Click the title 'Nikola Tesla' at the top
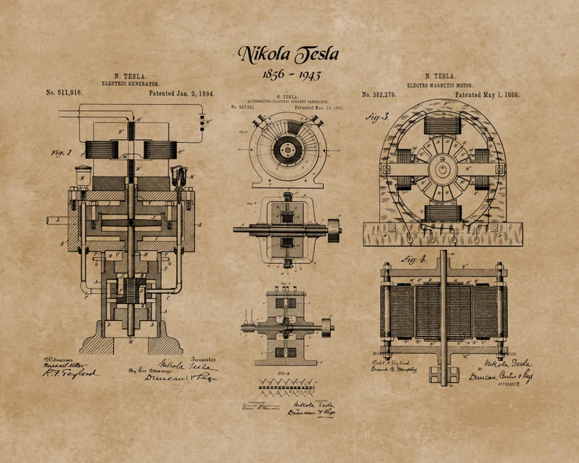(x=288, y=54)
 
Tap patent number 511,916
(x=64, y=93)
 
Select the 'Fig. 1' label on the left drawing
(x=61, y=153)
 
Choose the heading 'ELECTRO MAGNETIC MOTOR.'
(x=440, y=85)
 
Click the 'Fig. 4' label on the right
(x=416, y=259)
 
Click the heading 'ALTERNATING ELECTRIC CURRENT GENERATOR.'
(x=289, y=101)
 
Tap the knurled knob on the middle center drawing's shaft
(x=333, y=229)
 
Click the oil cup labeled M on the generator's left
(x=82, y=176)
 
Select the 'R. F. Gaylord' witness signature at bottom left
(x=71, y=373)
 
